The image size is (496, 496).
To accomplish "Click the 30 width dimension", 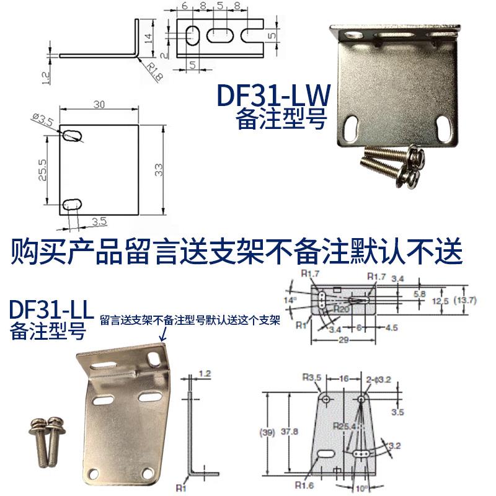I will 99,105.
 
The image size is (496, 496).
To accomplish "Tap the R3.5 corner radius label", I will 311,376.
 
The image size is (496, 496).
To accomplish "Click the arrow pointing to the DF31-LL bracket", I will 163,335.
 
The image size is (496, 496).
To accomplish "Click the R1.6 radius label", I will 304,485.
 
